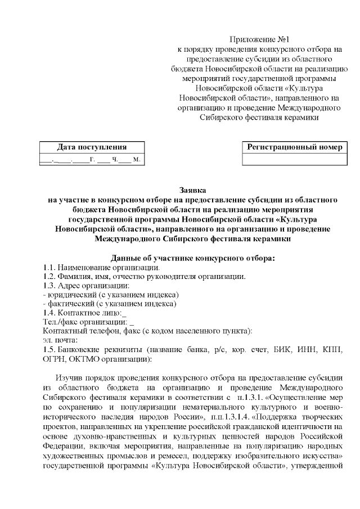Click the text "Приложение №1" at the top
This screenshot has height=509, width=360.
point(259,39)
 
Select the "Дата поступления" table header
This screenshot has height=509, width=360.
point(90,147)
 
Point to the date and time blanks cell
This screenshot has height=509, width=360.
point(90,159)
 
